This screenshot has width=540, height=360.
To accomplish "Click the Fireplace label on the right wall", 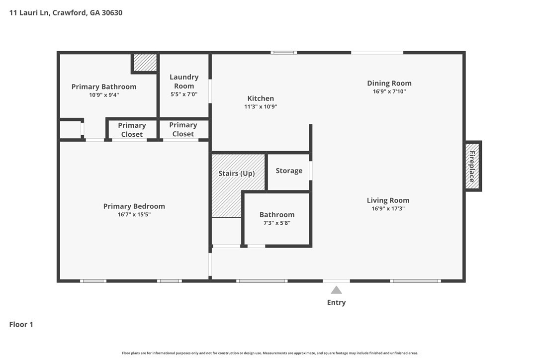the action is coord(472,167).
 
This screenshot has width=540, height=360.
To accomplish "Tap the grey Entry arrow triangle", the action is coord(337,290).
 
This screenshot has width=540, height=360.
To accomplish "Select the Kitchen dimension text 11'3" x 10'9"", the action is coord(261,107).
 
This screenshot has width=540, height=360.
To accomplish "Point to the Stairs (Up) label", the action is coord(237,173).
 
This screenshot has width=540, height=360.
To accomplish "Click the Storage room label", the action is coord(289,171).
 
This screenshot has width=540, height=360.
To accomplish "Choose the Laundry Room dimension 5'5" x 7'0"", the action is coord(184,94).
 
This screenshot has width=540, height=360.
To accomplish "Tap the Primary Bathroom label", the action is coord(104,87).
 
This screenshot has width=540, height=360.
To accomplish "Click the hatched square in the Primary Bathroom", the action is coord(145,62).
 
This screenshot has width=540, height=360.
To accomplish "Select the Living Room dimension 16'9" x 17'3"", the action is coord(388,208).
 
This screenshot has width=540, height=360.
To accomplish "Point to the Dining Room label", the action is coord(389,84).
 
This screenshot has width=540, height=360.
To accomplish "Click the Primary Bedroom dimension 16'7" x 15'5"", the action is coord(134,215).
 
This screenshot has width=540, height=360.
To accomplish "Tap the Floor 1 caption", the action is coord(21,325).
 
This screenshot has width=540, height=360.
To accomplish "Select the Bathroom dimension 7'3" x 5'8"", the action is coord(277,223).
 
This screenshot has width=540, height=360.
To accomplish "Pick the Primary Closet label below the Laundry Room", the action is coord(183,130).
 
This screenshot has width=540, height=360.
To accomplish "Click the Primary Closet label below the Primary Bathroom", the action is coord(132,130).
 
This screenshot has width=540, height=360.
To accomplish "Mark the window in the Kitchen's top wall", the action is coord(284,53).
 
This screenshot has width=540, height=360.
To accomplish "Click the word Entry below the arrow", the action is coord(337,302).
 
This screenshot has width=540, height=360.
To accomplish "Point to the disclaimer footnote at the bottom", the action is coord(270,353).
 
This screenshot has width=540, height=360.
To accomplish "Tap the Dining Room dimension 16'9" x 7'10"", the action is coord(389,91).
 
